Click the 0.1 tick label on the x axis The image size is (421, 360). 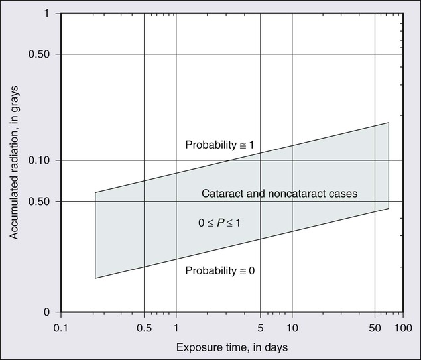tap(61, 327)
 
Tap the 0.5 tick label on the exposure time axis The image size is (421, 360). tap(144, 327)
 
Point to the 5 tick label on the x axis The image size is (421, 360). tap(260, 327)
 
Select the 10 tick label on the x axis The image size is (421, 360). tap(292, 327)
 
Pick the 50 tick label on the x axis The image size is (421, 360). tap(375, 327)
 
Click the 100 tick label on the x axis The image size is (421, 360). tap(401, 327)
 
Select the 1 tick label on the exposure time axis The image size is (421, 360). tap(176, 327)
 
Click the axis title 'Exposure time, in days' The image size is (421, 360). tap(232, 347)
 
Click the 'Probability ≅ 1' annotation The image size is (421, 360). tap(219, 145)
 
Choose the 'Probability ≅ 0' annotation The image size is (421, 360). tap(219, 270)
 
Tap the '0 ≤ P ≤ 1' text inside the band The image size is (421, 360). tap(219, 223)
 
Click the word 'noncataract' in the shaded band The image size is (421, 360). tap(298, 194)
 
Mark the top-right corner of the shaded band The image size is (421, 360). tap(389, 123)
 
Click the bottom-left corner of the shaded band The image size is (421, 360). tap(95, 278)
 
